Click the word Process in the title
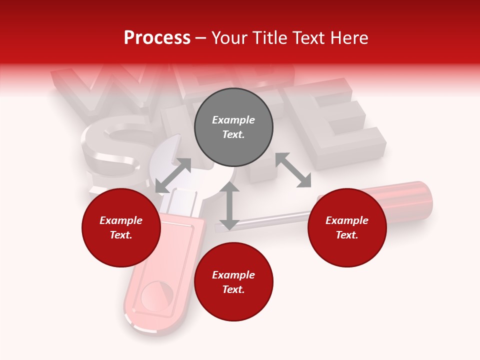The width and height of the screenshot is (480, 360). (157, 38)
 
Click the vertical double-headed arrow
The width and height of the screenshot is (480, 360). (229, 205)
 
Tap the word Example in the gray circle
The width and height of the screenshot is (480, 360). (233, 120)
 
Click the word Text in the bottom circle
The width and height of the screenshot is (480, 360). (233, 289)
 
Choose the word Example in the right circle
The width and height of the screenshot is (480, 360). (347, 220)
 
